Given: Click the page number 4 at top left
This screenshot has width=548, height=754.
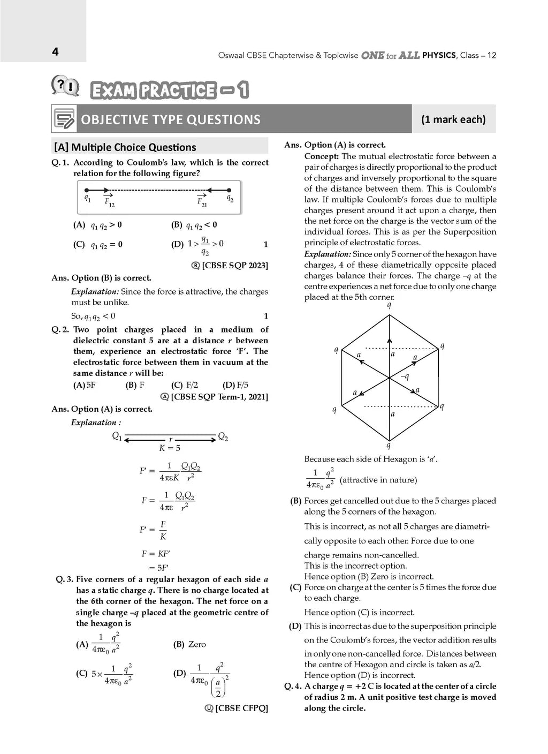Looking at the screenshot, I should [55, 52].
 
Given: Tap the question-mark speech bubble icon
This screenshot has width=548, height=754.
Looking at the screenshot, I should [65, 86].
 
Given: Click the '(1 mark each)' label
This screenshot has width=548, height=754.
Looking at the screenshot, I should [453, 119].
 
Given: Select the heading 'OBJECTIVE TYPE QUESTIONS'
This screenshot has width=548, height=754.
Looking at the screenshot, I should [170, 119].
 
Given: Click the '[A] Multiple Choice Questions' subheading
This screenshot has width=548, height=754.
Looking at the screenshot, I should [125, 147].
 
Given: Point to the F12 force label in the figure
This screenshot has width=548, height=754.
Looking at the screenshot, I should [109, 202].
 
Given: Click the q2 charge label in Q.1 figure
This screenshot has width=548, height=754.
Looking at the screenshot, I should [230, 198].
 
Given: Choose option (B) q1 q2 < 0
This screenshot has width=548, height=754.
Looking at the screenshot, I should [194, 225].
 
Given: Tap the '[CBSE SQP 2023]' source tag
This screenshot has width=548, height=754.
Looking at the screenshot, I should [234, 266].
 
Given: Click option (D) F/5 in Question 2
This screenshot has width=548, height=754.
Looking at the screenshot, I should [235, 385].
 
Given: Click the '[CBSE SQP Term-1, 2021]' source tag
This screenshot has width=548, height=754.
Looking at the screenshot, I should [219, 397].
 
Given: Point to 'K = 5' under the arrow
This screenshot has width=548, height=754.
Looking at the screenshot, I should [170, 448].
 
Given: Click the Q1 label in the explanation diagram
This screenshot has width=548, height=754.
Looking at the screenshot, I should [117, 436].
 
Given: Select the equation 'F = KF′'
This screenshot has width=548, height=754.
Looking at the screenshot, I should [156, 554].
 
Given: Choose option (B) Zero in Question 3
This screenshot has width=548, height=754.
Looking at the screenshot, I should [190, 644].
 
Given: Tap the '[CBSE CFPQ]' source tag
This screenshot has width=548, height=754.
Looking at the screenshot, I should [241, 708].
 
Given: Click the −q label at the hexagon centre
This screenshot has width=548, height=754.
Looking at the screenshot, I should [405, 376].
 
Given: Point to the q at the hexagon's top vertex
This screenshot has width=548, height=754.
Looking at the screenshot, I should [389, 305].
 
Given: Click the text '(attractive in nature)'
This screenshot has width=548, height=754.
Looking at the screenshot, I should [378, 480].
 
